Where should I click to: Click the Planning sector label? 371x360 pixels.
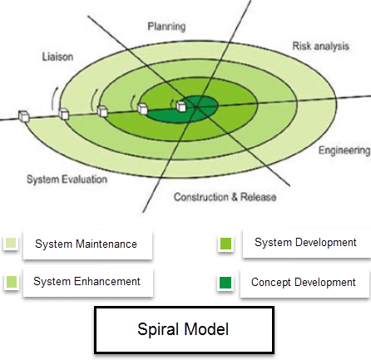click(166, 27)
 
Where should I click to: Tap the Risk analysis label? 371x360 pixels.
click(321, 46)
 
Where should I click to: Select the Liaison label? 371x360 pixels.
click(57, 57)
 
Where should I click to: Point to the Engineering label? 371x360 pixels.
click(344, 150)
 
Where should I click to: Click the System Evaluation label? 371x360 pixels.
click(67, 180)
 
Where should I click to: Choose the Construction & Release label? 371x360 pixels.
click(225, 197)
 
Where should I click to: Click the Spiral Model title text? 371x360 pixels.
click(183, 329)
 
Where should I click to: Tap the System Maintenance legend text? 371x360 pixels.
click(86, 244)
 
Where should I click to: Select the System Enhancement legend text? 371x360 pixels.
click(87, 281)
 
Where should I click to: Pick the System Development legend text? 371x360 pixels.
click(305, 242)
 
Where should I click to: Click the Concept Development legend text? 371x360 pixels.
click(304, 283)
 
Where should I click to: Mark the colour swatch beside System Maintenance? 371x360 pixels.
click(11, 243)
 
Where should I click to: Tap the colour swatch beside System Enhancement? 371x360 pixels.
click(12, 282)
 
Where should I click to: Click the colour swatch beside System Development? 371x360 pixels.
click(225, 244)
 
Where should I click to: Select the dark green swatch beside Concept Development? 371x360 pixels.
click(225, 283)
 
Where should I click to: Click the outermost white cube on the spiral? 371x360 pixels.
click(24, 116)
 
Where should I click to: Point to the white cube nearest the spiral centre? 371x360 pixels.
click(181, 106)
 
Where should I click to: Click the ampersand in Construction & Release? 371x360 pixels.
click(235, 197)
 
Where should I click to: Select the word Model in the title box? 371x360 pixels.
click(206, 329)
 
